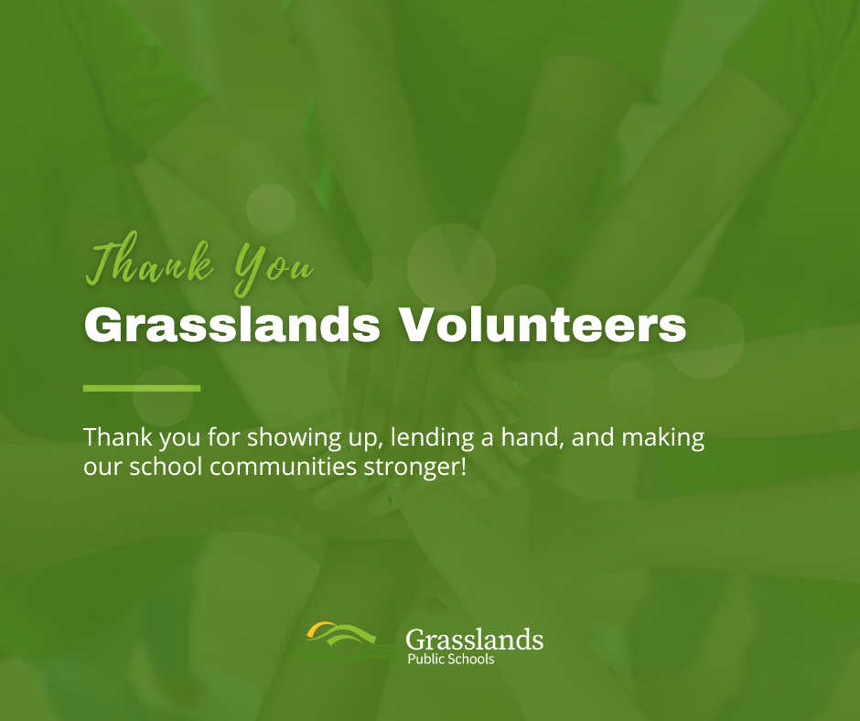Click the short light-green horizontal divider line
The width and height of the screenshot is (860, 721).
(x=142, y=388)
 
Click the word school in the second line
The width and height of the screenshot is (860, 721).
(x=168, y=467)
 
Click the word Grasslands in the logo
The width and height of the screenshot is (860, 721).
(x=474, y=640)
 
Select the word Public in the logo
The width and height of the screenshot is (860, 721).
(x=425, y=660)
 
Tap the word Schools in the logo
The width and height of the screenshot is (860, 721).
(x=471, y=660)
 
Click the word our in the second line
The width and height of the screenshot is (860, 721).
(x=100, y=467)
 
